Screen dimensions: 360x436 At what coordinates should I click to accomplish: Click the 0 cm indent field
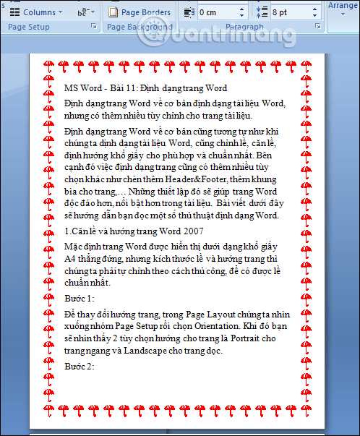pyautogui.click(x=216, y=12)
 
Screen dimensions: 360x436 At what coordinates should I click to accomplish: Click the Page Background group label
pyautogui.click(x=137, y=27)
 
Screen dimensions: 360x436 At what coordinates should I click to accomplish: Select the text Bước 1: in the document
pyautogui.click(x=80, y=298)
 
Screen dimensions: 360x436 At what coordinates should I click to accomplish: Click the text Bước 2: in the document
pyautogui.click(x=80, y=367)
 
